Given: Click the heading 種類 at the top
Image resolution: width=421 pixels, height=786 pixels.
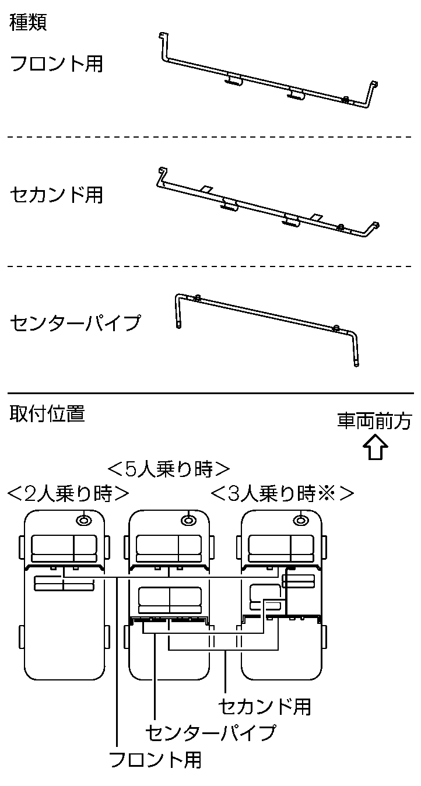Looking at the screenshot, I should click(x=29, y=23).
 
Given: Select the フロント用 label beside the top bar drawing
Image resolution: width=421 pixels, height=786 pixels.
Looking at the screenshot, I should click(x=57, y=63).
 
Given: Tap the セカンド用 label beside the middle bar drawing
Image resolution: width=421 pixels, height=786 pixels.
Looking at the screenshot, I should click(x=57, y=195).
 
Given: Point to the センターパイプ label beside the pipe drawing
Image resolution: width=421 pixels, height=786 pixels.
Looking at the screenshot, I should click(x=76, y=322).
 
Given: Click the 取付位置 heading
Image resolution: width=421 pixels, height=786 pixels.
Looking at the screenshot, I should click(x=47, y=414).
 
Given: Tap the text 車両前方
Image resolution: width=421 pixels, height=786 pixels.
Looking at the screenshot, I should click(x=375, y=421).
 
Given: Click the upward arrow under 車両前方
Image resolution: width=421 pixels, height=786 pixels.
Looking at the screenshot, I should click(x=375, y=451).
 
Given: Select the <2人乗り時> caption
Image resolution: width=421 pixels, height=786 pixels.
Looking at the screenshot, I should click(x=68, y=494).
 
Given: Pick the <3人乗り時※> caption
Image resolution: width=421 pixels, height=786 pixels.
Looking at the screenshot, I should click(x=282, y=494).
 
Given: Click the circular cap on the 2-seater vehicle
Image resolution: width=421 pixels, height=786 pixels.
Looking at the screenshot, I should click(x=85, y=520).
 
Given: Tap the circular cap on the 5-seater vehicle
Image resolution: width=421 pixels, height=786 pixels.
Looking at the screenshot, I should click(x=188, y=520).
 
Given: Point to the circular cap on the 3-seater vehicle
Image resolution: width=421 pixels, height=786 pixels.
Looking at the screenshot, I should click(x=300, y=520).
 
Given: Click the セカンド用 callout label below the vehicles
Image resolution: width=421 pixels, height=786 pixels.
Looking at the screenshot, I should click(x=264, y=706).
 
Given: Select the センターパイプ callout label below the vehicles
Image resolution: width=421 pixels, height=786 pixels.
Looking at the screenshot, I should click(x=210, y=732).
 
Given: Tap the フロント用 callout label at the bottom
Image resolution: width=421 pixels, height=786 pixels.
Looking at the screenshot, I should click(x=156, y=760).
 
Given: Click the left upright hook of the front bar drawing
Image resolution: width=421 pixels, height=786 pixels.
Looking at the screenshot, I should click(x=162, y=47).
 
